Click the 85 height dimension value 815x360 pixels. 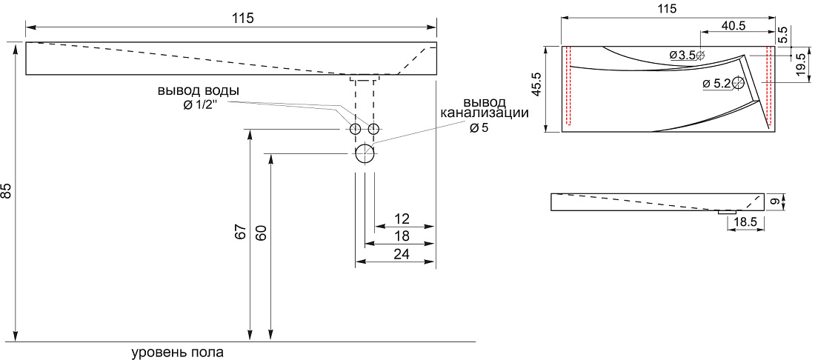[6, 191]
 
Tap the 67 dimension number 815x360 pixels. [239, 232]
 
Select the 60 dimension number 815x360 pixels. [262, 232]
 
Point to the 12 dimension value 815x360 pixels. [402, 218]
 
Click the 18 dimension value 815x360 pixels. [402, 236]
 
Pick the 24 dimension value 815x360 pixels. [402, 254]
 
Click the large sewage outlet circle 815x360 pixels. [365, 154]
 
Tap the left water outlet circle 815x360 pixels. [356, 129]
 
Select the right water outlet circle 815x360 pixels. [373, 129]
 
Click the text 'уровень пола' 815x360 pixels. [177, 352]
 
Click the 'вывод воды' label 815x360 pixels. [199, 90]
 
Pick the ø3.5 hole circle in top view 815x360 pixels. [700, 55]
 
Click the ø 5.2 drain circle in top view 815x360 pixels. [737, 83]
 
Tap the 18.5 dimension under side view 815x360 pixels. [745, 222]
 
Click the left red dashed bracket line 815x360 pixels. [568, 86]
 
